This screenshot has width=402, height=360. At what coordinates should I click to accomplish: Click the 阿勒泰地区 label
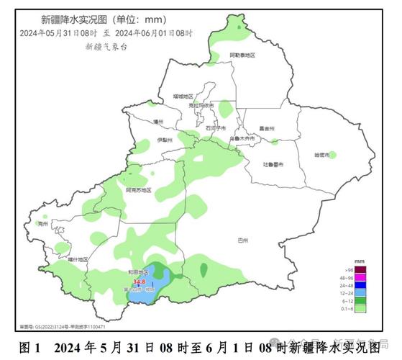pyautogui.click(x=242, y=55)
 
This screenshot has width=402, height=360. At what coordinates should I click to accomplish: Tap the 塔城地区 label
pyautogui.click(x=174, y=96)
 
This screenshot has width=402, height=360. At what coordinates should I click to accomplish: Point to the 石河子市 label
pyautogui.click(x=216, y=127)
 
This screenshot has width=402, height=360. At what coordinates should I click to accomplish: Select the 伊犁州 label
pyautogui.click(x=165, y=140)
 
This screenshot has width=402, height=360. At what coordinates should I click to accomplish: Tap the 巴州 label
pyautogui.click(x=242, y=242)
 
